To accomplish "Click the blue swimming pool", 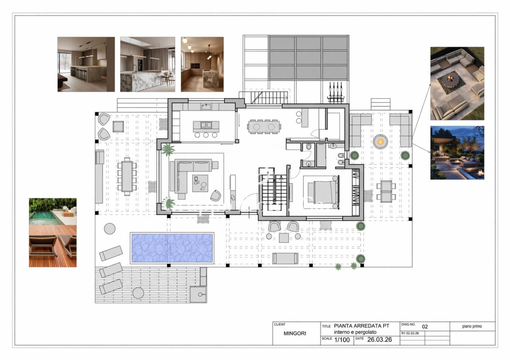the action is click(x=172, y=248).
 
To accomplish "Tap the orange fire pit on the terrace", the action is click(x=380, y=142).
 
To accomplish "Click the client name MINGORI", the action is click(x=295, y=333).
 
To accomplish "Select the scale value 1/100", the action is click(x=342, y=340).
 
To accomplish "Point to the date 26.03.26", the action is click(x=380, y=339).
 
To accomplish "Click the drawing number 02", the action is click(x=425, y=326).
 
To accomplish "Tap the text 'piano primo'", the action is click(x=472, y=326).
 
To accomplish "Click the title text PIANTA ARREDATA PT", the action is click(x=362, y=326).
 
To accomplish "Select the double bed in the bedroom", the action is click(x=323, y=192).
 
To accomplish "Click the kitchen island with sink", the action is click(x=206, y=126).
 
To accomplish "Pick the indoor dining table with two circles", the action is click(x=264, y=126).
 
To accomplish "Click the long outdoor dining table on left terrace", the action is click(x=127, y=176).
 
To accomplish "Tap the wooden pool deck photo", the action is click(x=53, y=232).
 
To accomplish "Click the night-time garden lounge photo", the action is click(x=457, y=153).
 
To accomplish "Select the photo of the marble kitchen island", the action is click(x=148, y=64).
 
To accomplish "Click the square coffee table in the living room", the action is click(x=200, y=183).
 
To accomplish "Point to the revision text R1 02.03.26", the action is click(x=410, y=333).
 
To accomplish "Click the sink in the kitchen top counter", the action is click(x=206, y=107).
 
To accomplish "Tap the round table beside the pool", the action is click(x=110, y=229).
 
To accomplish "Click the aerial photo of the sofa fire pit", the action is click(x=457, y=84).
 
